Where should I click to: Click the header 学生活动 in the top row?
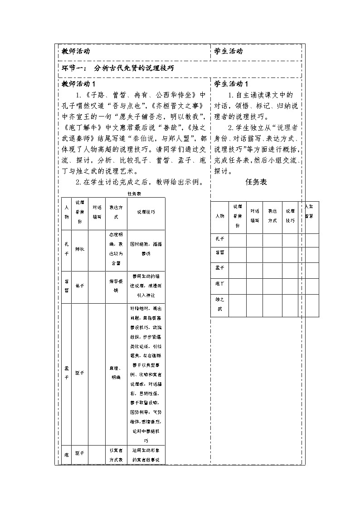(x=229, y=51)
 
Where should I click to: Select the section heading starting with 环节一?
(x=118, y=68)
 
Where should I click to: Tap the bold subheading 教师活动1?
(x=78, y=84)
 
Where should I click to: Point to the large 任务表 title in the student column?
(x=256, y=182)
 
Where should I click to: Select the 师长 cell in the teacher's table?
(x=79, y=249)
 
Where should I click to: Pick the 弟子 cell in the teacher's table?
(x=79, y=286)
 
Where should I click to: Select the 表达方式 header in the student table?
(x=272, y=216)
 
